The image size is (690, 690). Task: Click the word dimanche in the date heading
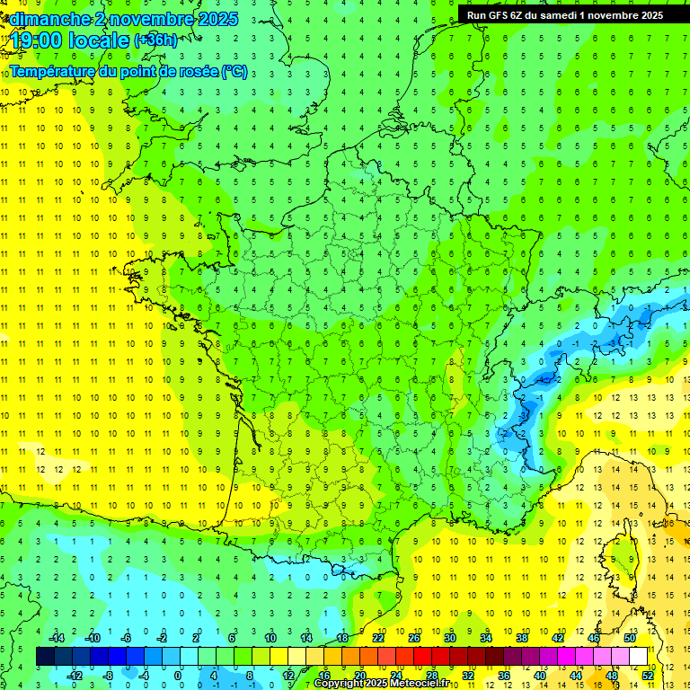[x=45, y=19]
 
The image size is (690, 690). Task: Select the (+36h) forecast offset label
[x=155, y=40]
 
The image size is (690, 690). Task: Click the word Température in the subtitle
[x=51, y=71]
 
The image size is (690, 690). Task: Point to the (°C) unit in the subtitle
[x=234, y=71]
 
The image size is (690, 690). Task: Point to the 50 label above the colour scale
[x=629, y=637]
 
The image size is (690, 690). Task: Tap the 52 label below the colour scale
[x=648, y=675]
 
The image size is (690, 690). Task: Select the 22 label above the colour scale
[x=378, y=637]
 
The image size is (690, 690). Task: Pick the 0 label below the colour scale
[x=179, y=675]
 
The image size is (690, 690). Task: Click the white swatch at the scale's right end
[x=638, y=657]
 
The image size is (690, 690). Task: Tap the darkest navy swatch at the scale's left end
[x=45, y=657]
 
